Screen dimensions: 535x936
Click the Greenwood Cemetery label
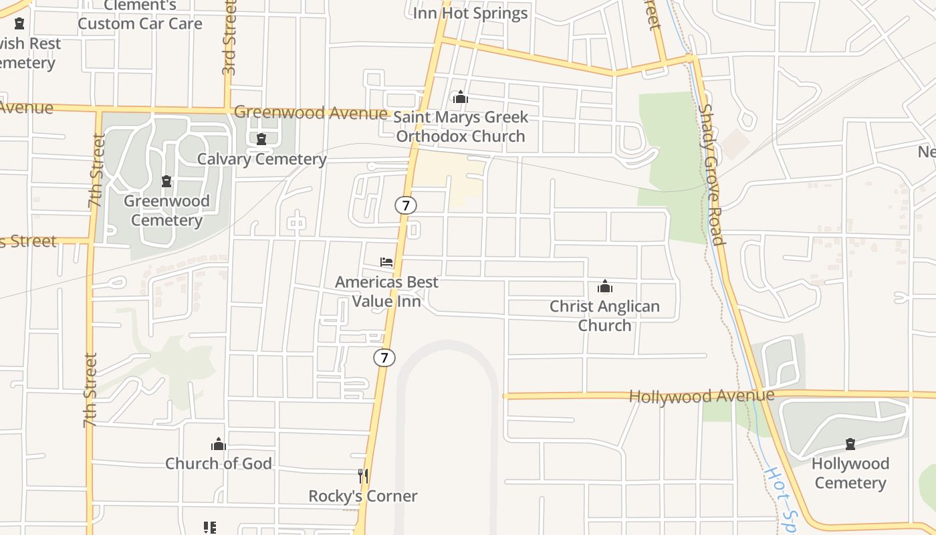pos(166,211)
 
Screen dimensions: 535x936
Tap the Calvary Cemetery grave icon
pos(261,139)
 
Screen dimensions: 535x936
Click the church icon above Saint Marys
pos(460,98)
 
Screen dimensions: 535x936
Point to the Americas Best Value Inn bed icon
pos(386,262)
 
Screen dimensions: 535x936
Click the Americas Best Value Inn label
pos(386,292)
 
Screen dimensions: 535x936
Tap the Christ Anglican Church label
pos(604,316)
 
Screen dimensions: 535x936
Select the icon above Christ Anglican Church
pos(605,287)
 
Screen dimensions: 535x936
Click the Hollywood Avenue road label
pos(701,396)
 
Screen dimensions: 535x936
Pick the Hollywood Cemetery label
pos(850,473)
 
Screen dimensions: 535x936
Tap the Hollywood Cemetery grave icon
pos(850,444)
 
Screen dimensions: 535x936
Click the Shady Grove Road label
pos(711,174)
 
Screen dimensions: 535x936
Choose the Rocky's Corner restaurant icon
pos(363,476)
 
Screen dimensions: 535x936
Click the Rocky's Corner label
pos(363,496)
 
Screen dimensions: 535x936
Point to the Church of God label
pos(219,463)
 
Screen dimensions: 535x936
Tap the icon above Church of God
pos(219,444)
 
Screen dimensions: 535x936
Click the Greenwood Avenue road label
pos(310,112)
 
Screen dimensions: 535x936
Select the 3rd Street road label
pos(229,37)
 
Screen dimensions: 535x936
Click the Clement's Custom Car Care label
pos(140,15)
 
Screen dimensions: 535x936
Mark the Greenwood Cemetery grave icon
pos(166,181)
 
